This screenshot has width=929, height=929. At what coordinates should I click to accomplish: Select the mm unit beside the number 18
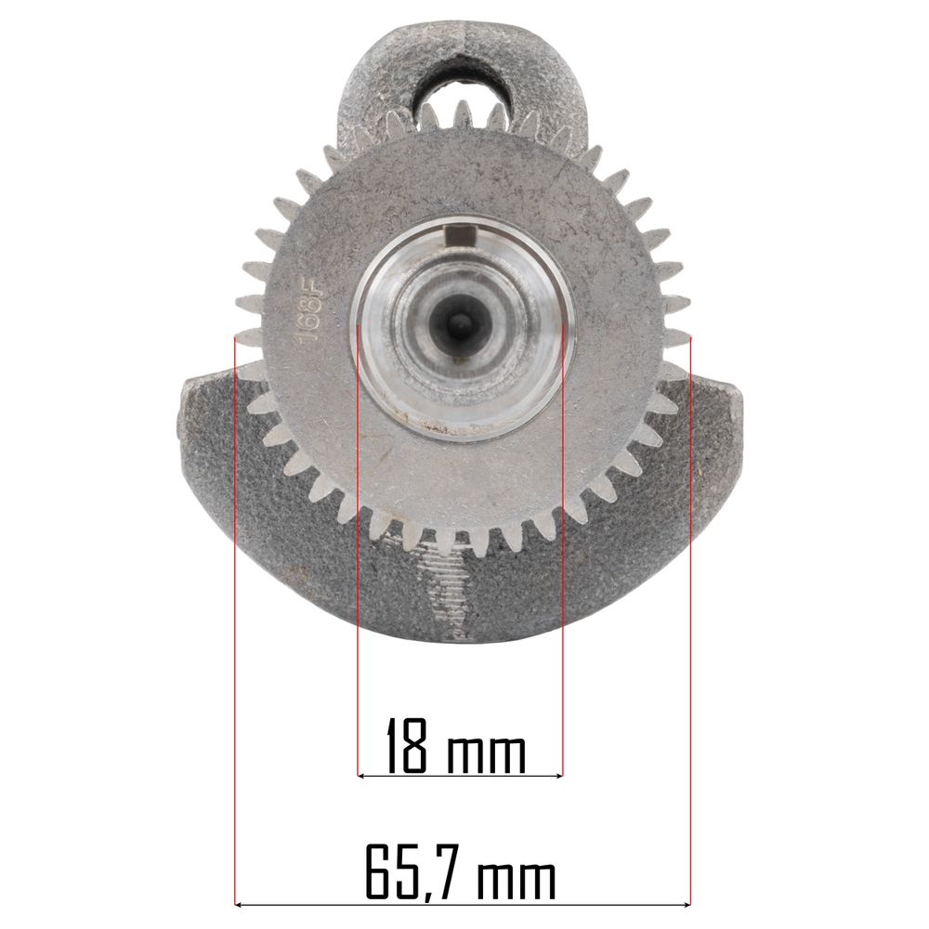click(x=487, y=754)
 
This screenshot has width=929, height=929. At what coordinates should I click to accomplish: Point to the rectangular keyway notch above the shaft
click(x=462, y=235)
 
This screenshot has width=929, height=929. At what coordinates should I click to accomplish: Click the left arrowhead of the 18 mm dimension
click(x=361, y=775)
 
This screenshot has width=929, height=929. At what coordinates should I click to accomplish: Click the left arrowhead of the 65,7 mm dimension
click(x=240, y=905)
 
